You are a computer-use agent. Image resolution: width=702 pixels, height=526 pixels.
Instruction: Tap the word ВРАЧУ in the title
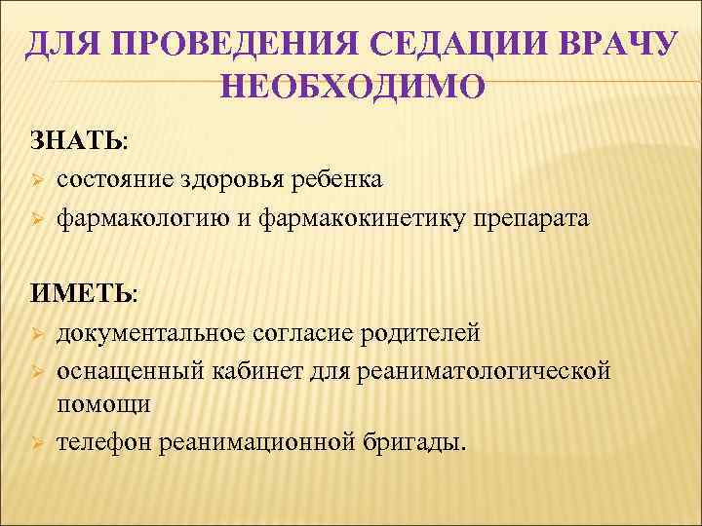(605, 46)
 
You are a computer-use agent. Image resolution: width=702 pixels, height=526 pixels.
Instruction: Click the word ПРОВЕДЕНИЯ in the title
(227, 46)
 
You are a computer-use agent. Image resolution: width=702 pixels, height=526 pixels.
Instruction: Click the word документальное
(154, 334)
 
